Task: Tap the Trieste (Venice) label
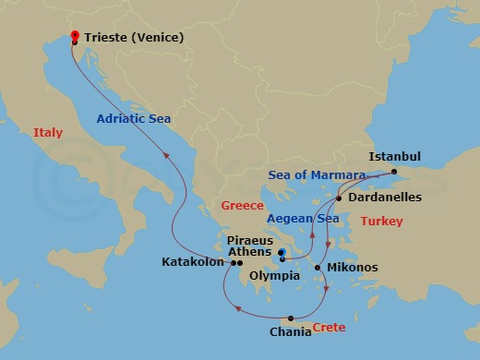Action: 134,38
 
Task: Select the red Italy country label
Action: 48,133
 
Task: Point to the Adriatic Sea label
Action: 135,119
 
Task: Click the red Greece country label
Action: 243,205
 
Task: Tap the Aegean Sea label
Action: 303,218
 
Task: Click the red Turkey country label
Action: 381,222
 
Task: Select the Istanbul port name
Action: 394,157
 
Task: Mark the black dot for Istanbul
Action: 394,172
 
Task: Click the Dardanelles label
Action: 385,198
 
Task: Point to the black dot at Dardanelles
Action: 339,198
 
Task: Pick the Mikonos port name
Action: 353,268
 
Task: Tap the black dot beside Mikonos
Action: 318,269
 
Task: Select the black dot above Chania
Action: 291,318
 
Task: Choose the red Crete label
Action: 330,328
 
